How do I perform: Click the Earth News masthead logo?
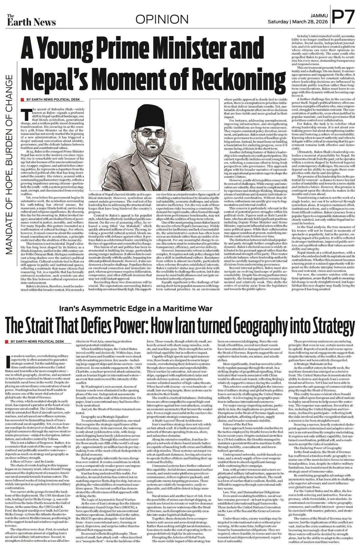point(31,20)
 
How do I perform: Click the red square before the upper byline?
point(22,100)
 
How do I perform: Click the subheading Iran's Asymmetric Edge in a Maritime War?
point(136,308)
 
